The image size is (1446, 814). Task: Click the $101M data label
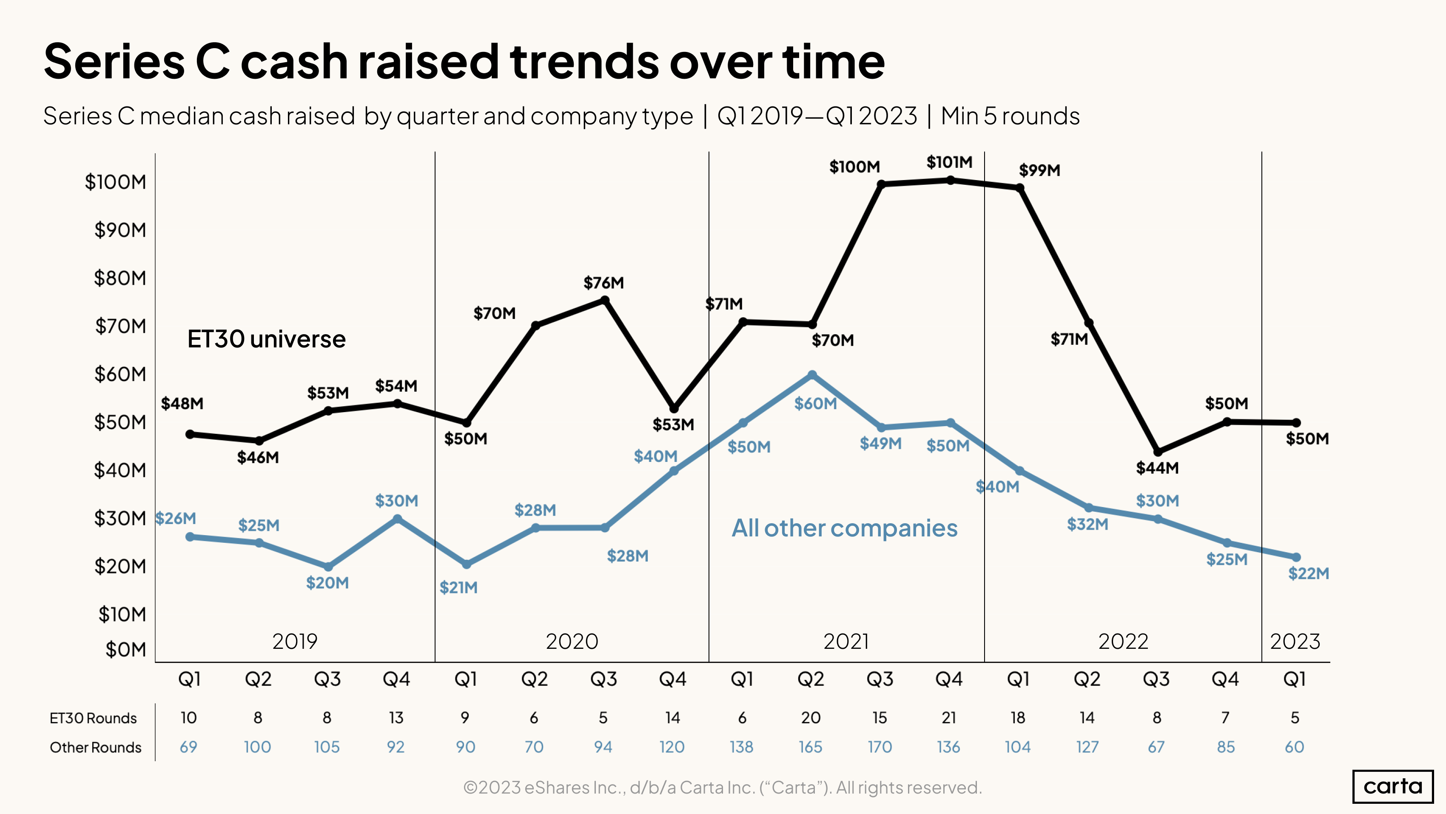[x=949, y=162]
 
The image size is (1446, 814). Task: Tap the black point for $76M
[x=605, y=301]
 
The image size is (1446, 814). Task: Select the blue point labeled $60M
[x=812, y=375]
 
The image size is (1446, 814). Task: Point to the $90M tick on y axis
[x=120, y=230]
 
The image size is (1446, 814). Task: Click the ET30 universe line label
[x=266, y=339]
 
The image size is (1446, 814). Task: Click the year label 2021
[x=845, y=641]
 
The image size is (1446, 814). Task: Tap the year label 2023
[x=1295, y=641]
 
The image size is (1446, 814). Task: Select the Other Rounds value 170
[x=879, y=747]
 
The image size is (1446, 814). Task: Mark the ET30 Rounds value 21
[x=949, y=718]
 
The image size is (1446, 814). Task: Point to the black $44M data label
[x=1157, y=468]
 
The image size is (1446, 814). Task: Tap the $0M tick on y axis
[x=126, y=650]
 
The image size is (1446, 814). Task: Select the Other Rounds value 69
[x=188, y=747]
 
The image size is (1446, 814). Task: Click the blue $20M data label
[x=327, y=583]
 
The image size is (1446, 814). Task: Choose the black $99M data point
[x=1020, y=188]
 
